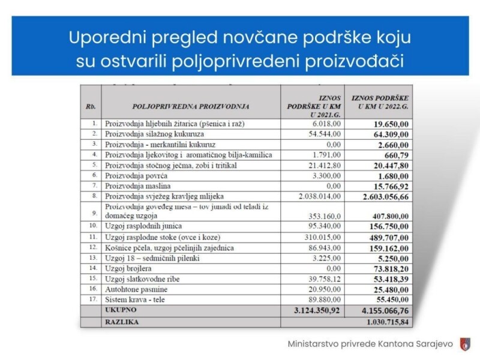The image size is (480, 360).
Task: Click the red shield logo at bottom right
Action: tap(464, 344)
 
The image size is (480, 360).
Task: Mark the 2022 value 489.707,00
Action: tap(387, 237)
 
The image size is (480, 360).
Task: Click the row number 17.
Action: tap(92, 299)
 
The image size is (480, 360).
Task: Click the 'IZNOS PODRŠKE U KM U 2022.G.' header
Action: tap(380, 102)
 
